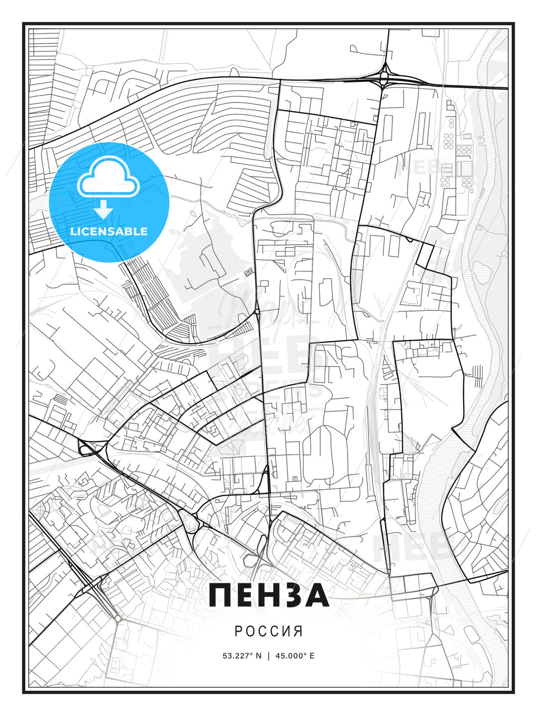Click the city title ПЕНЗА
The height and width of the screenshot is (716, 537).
coord(269,596)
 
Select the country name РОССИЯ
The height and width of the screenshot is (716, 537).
coord(268,631)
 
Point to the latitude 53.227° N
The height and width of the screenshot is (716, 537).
coord(242,655)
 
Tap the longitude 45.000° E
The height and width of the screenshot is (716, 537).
coord(294,655)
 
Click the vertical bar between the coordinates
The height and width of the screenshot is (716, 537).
coord(268,655)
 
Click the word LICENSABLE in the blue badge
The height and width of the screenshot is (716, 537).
coord(109,231)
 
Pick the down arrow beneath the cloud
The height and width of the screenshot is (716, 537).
coord(103,210)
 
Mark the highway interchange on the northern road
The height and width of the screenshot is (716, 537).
coord(384,76)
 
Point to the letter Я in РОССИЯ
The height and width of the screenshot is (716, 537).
coord(298,631)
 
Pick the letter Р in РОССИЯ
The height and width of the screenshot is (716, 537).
coord(238,631)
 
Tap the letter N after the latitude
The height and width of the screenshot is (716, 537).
coord(259,655)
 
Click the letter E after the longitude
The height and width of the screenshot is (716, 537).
coord(312,655)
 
